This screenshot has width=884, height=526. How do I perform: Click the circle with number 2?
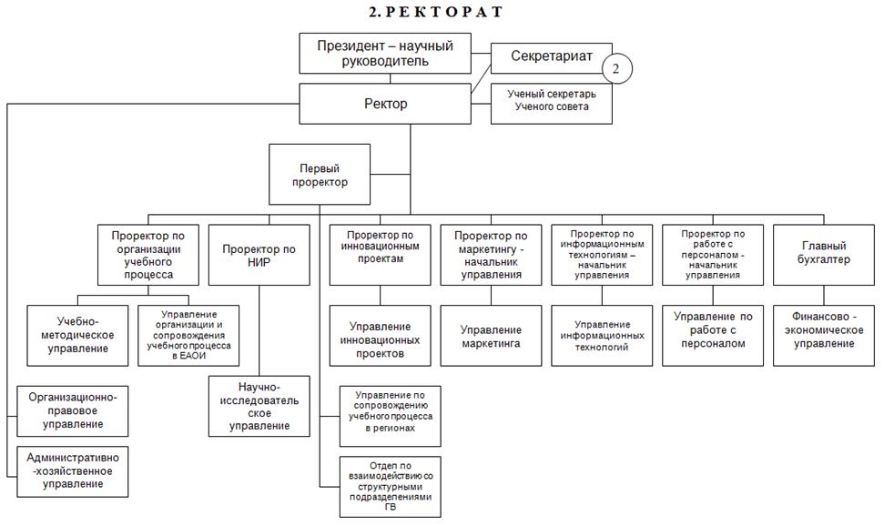point(616,69)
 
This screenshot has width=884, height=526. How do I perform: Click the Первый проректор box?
point(319,175)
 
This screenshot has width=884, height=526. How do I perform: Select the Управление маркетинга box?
point(491,336)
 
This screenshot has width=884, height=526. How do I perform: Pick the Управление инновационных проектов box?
point(380,336)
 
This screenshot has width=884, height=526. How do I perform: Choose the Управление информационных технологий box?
point(602,336)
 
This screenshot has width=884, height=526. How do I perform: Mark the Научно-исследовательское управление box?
point(259,406)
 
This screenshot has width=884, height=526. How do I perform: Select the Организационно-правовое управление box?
point(73,410)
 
